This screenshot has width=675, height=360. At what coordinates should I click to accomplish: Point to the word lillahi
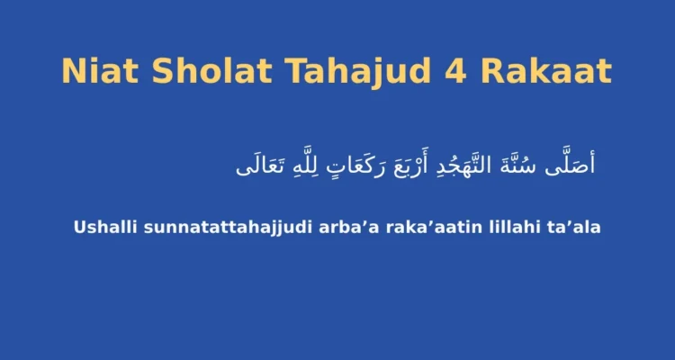(515, 227)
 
